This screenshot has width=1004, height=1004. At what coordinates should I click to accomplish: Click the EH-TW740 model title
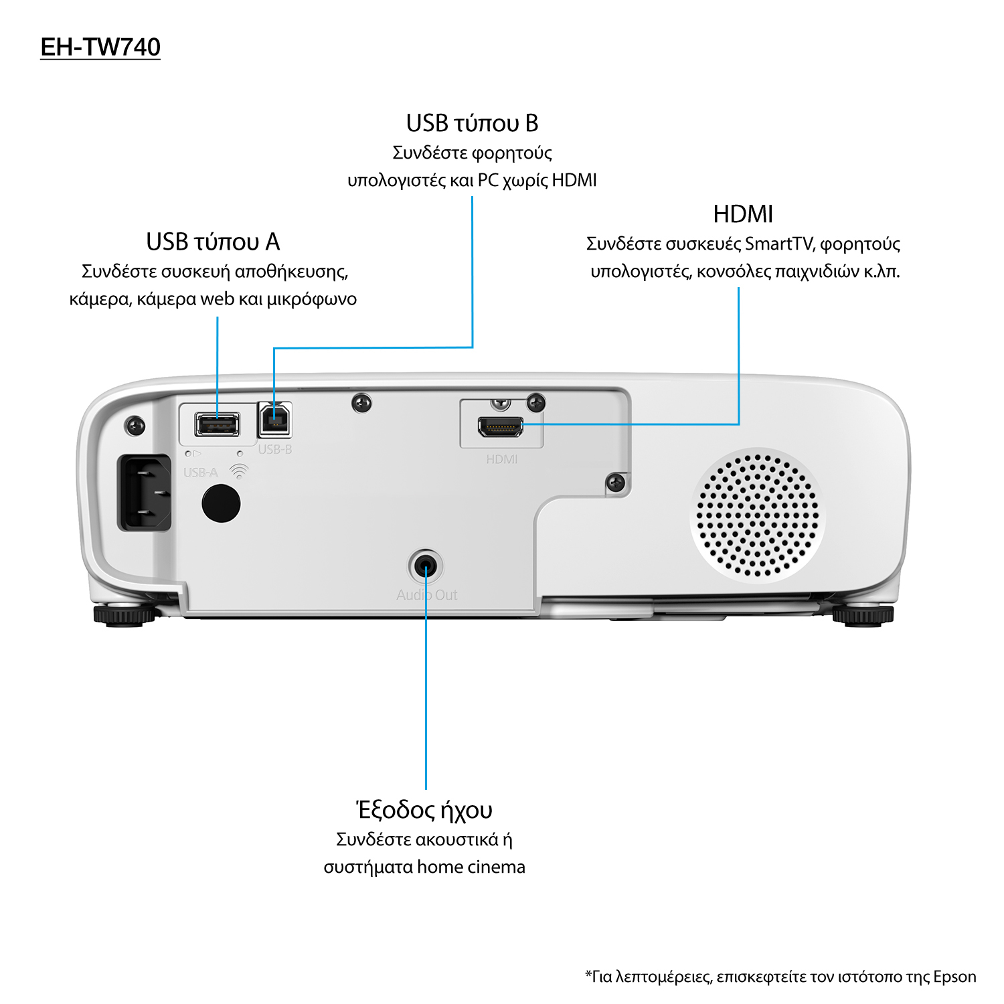coord(100,47)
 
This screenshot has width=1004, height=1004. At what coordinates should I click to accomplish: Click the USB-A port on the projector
coord(217,424)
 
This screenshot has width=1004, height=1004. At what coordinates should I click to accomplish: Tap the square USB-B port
coord(274,420)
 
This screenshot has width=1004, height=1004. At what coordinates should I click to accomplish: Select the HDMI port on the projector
coord(501,426)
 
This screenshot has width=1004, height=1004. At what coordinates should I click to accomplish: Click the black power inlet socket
coord(145,493)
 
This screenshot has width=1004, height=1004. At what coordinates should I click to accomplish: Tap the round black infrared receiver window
coord(221,503)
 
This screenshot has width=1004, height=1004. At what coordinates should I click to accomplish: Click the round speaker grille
coord(758,515)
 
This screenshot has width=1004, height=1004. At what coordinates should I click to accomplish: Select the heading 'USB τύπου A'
coord(213,242)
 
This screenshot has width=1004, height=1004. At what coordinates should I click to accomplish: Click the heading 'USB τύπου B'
coord(472,123)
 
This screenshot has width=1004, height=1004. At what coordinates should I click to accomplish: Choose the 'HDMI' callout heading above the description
coord(743,214)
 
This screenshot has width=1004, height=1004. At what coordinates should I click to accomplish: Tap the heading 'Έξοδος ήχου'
coord(424,810)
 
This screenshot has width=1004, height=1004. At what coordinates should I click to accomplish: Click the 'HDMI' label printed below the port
coord(502,459)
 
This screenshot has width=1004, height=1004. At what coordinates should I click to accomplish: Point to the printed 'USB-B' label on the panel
coord(275,449)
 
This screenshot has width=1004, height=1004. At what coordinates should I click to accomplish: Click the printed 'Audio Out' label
coord(427,595)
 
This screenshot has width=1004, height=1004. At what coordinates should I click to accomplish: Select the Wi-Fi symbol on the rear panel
coord(238,472)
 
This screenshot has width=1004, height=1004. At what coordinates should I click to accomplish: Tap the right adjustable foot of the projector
coord(863,616)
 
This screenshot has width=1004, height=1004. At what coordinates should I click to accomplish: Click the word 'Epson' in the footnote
coord(954,977)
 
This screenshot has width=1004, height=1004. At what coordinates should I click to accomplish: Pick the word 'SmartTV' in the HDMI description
coord(779,244)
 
